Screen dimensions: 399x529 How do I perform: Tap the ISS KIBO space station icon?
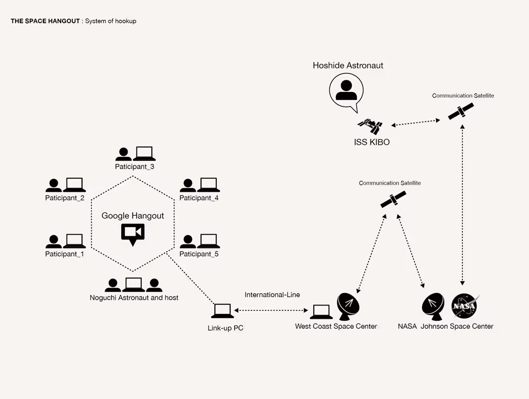click(370, 126)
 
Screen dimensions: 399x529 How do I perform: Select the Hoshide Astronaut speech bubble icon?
click(346, 91)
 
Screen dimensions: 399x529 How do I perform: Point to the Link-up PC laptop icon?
click(223, 311)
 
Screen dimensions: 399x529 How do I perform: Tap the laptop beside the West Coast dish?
click(321, 312)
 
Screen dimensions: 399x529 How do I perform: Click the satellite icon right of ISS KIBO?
click(461, 111)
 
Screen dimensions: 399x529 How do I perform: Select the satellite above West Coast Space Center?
click(393, 199)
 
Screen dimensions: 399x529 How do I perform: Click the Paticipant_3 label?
click(134, 166)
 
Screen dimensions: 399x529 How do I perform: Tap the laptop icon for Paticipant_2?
click(74, 185)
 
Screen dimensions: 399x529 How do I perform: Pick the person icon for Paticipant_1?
click(53, 242)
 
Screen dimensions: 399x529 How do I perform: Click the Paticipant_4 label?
click(199, 198)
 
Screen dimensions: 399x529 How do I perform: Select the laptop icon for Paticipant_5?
click(208, 242)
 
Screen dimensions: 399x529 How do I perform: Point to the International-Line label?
click(272, 295)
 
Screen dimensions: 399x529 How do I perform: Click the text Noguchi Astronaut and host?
click(134, 298)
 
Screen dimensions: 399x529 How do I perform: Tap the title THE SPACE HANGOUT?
click(45, 21)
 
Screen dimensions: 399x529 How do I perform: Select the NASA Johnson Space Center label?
click(445, 327)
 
